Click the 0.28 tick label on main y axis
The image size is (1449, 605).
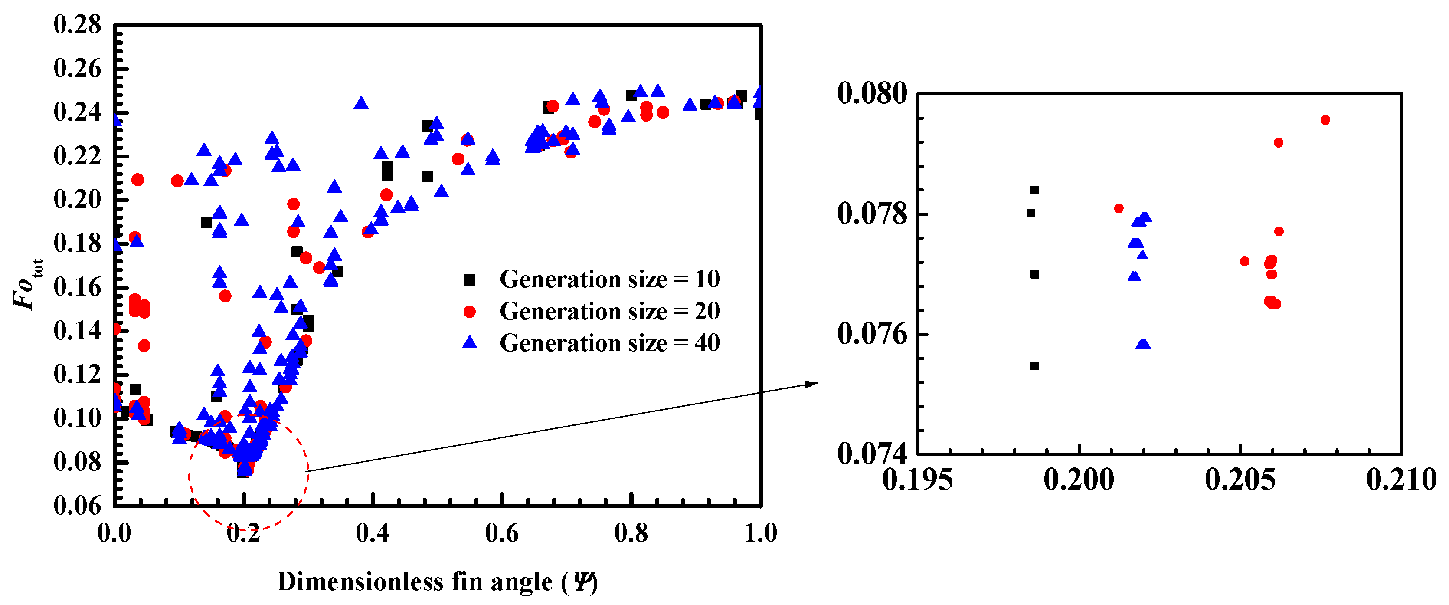point(77,25)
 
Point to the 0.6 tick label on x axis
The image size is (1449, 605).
point(501,533)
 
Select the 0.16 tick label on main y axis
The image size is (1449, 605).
point(77,287)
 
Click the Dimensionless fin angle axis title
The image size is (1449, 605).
point(437,582)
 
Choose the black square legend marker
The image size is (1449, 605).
point(469,279)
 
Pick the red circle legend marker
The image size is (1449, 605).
point(469,312)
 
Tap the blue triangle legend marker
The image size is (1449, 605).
point(469,343)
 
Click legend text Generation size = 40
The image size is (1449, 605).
point(609,343)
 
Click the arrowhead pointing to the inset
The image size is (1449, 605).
point(811,384)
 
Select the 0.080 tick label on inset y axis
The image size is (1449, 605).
point(872,93)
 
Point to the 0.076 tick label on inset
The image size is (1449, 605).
point(872,334)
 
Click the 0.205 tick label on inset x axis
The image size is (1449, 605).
point(1240,480)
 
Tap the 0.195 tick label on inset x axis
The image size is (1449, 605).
point(917,480)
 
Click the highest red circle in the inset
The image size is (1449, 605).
point(1325,120)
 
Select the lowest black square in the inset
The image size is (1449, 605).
point(1034,366)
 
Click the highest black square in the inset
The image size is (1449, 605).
point(1034,190)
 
